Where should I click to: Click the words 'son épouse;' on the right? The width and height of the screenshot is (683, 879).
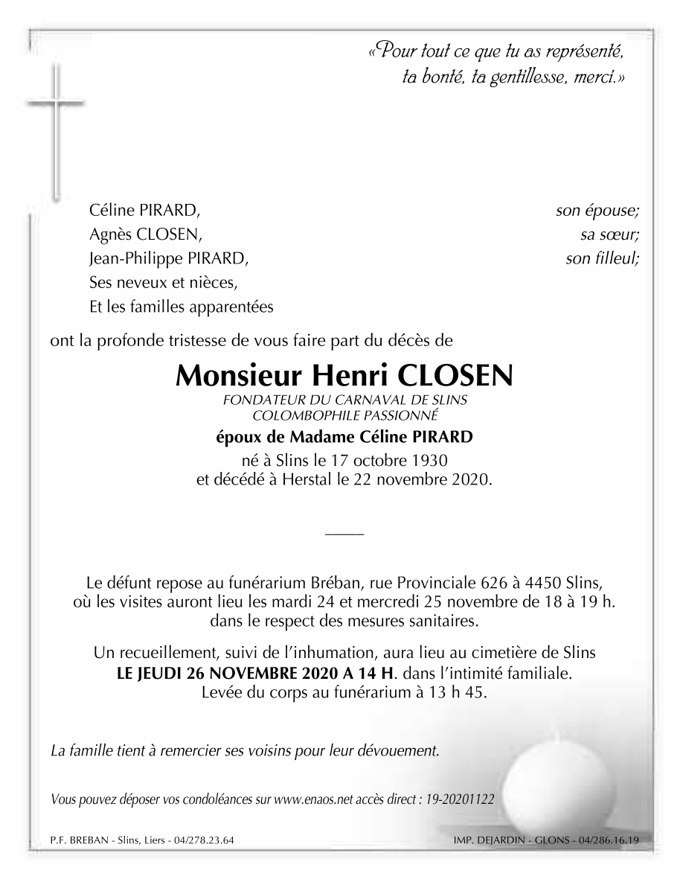click(x=597, y=211)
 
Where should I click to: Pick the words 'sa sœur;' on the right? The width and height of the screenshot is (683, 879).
click(x=610, y=235)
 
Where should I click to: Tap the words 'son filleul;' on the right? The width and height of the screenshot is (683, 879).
click(x=602, y=259)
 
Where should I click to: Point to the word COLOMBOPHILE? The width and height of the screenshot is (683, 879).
click(x=301, y=415)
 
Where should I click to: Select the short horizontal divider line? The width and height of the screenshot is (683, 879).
click(x=344, y=533)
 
